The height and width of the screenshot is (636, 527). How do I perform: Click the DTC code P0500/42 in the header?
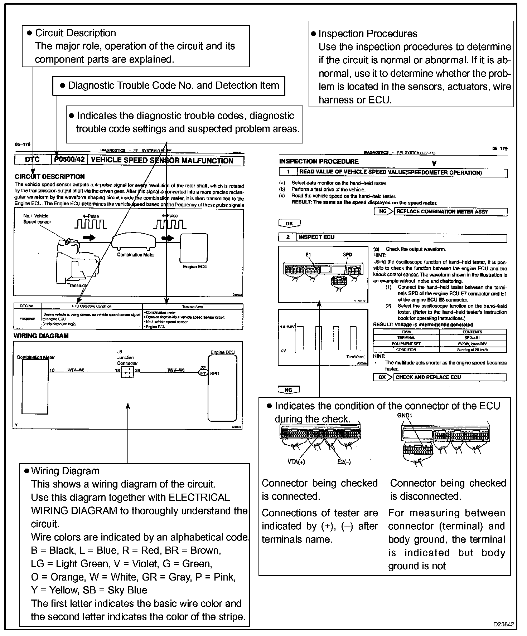coord(69,159)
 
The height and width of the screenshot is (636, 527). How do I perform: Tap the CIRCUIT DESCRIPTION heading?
coord(50,176)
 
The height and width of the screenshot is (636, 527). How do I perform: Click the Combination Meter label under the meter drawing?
coord(136,255)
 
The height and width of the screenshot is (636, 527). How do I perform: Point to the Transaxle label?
coord(77,285)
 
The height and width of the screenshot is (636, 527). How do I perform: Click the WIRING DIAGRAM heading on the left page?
coord(41,336)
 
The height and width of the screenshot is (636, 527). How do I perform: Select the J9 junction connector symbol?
coord(127,373)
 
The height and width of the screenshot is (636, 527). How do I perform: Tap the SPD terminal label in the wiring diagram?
coord(214,373)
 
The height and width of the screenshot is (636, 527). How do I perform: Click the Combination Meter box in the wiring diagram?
coord(35,386)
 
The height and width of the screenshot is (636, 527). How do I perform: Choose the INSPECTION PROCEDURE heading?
coord(319,161)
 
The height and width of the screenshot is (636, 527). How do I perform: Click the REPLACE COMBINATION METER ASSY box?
coord(450,211)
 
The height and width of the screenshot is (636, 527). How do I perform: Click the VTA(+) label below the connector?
coord(296,461)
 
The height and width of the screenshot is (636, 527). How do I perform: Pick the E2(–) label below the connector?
coord(344,461)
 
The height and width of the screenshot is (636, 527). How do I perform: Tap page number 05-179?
coord(500,149)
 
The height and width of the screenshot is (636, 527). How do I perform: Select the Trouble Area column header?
coord(192,307)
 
